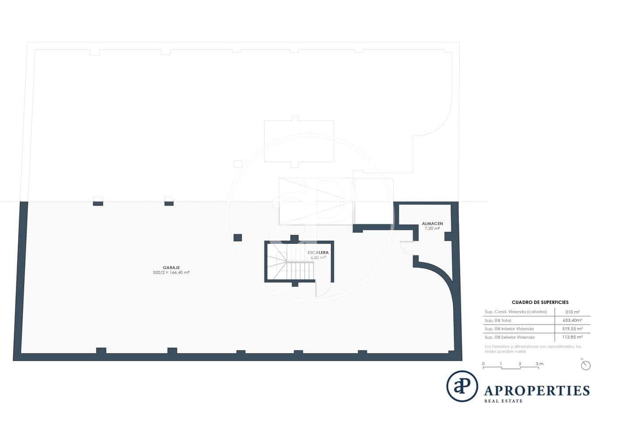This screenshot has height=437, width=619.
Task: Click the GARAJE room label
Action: click(171, 267)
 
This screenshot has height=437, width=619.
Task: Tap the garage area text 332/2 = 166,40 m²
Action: click(171, 273)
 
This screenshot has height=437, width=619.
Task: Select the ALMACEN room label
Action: click(432, 224)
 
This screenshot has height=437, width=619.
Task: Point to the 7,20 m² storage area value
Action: click(432, 228)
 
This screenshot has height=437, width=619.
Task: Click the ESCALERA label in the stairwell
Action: click(318, 252)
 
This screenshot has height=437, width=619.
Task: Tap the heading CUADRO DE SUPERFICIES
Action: click(540, 302)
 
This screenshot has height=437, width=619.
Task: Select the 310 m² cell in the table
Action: click(573, 312)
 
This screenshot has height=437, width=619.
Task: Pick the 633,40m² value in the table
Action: click(573, 320)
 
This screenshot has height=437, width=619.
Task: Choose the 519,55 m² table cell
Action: click(573, 329)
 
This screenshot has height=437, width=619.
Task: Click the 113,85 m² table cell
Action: click(573, 337)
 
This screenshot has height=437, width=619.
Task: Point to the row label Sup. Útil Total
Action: click(498, 320)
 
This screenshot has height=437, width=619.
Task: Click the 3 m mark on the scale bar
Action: click(539, 364)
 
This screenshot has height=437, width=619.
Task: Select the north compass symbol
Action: click(586, 365)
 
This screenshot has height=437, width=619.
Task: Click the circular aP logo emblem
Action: click(462, 386)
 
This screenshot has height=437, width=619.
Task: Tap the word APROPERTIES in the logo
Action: click(537, 391)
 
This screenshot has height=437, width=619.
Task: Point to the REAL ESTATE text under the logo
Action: click(504, 401)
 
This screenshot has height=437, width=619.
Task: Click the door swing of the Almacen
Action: click(406, 247)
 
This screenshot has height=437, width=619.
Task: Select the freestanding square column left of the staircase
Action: click(237, 238)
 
